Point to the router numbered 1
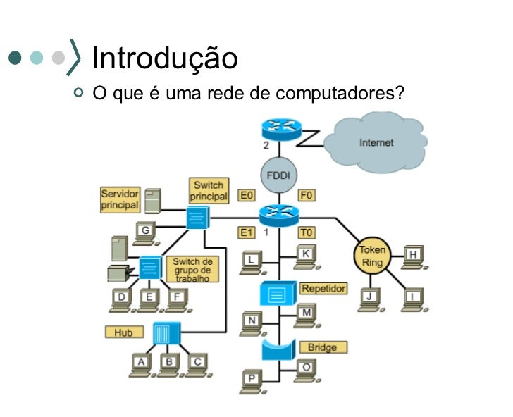[279, 213]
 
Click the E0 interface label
[246, 194]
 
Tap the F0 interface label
[307, 194]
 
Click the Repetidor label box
[322, 288]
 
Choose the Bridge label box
[322, 347]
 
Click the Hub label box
[124, 331]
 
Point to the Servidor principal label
[120, 199]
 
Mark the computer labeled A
[142, 363]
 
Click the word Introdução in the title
[165, 58]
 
